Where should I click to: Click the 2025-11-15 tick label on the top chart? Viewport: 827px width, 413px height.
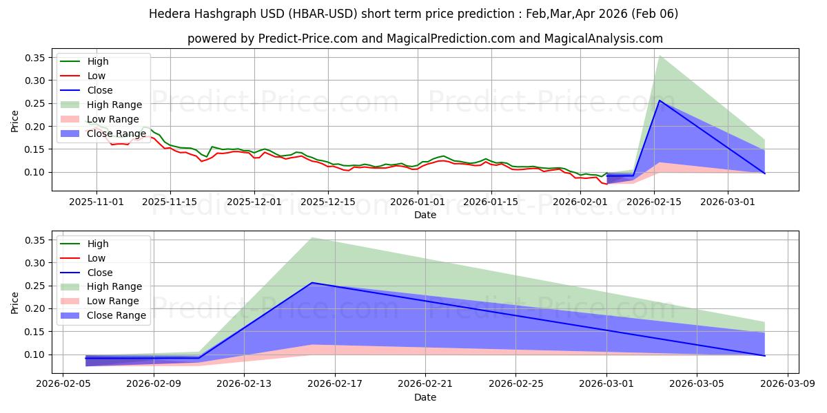[170, 202]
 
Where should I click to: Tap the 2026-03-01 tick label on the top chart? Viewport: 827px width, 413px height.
[728, 202]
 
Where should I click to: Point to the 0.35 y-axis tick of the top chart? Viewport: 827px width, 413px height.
[34, 58]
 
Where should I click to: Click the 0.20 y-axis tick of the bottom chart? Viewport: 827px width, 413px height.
[34, 309]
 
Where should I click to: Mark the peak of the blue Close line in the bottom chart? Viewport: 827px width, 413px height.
[312, 283]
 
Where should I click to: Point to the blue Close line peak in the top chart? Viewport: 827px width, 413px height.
[660, 100]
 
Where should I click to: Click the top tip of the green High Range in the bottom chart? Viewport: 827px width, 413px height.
[312, 237]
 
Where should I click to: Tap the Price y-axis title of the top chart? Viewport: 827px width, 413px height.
[15, 121]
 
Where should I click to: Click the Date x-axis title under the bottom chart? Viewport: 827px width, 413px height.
[425, 397]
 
